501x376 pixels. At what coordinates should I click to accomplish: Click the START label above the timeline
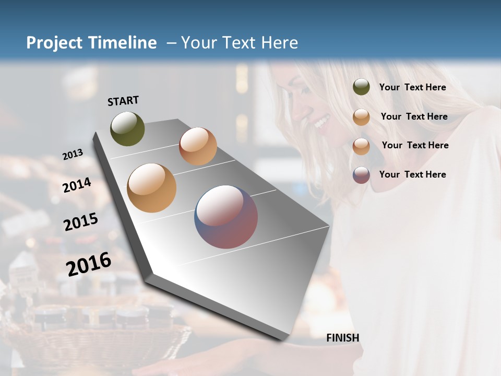[123, 101]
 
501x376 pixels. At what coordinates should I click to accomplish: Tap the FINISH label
[342, 338]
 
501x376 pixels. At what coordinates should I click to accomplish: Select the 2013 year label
[73, 155]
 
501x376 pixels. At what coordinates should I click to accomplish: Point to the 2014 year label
[77, 185]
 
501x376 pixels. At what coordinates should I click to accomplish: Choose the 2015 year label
[81, 222]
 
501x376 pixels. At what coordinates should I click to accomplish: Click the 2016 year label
[89, 264]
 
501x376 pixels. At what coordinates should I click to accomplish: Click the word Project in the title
[54, 43]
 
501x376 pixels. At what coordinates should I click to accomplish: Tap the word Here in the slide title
[279, 43]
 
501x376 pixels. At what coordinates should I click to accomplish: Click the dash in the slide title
[171, 43]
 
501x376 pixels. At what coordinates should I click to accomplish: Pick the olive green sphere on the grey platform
[127, 128]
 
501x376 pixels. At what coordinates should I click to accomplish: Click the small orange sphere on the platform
[198, 146]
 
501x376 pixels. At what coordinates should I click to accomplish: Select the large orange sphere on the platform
[151, 188]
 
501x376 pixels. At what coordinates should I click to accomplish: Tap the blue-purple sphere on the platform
[226, 217]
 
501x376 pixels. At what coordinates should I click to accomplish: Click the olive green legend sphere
[361, 87]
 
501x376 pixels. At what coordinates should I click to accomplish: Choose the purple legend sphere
[361, 175]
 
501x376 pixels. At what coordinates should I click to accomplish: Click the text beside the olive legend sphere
[412, 87]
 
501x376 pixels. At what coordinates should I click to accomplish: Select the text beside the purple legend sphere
[412, 174]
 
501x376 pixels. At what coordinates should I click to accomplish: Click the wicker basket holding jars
[104, 334]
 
